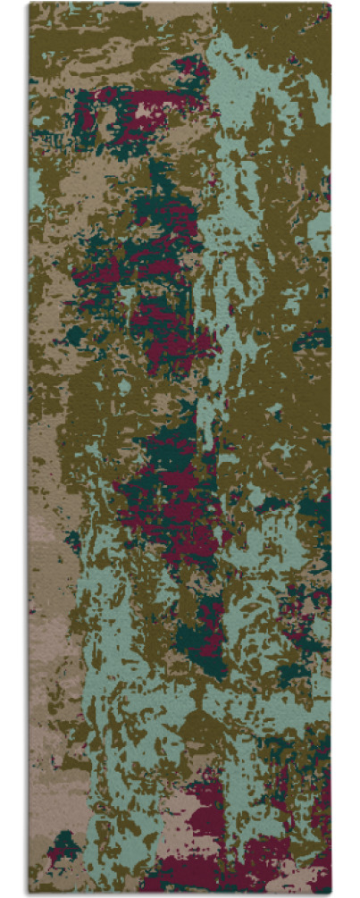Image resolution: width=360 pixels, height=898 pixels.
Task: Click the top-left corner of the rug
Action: point(29,4)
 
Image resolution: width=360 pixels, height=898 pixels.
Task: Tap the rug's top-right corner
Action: point(331,4)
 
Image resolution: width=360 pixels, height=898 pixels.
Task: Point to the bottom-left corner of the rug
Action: point(29,894)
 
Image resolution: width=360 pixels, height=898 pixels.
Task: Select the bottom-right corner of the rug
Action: point(331,894)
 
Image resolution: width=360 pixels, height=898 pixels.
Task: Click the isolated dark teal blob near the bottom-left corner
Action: point(65,841)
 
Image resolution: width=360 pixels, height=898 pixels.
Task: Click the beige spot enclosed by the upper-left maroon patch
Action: point(143,112)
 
